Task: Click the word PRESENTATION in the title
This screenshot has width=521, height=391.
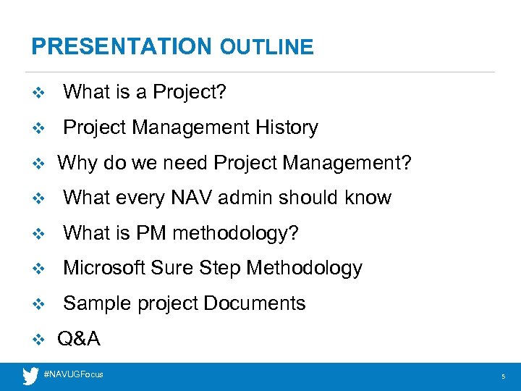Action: (120, 47)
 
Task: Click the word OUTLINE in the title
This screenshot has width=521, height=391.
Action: (267, 48)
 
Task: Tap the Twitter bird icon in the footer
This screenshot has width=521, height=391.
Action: (30, 375)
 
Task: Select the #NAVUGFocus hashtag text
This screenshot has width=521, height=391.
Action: (74, 374)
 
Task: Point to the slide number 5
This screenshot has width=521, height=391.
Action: (503, 377)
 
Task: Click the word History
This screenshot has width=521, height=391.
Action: (287, 128)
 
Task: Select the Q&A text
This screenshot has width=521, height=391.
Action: (79, 339)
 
